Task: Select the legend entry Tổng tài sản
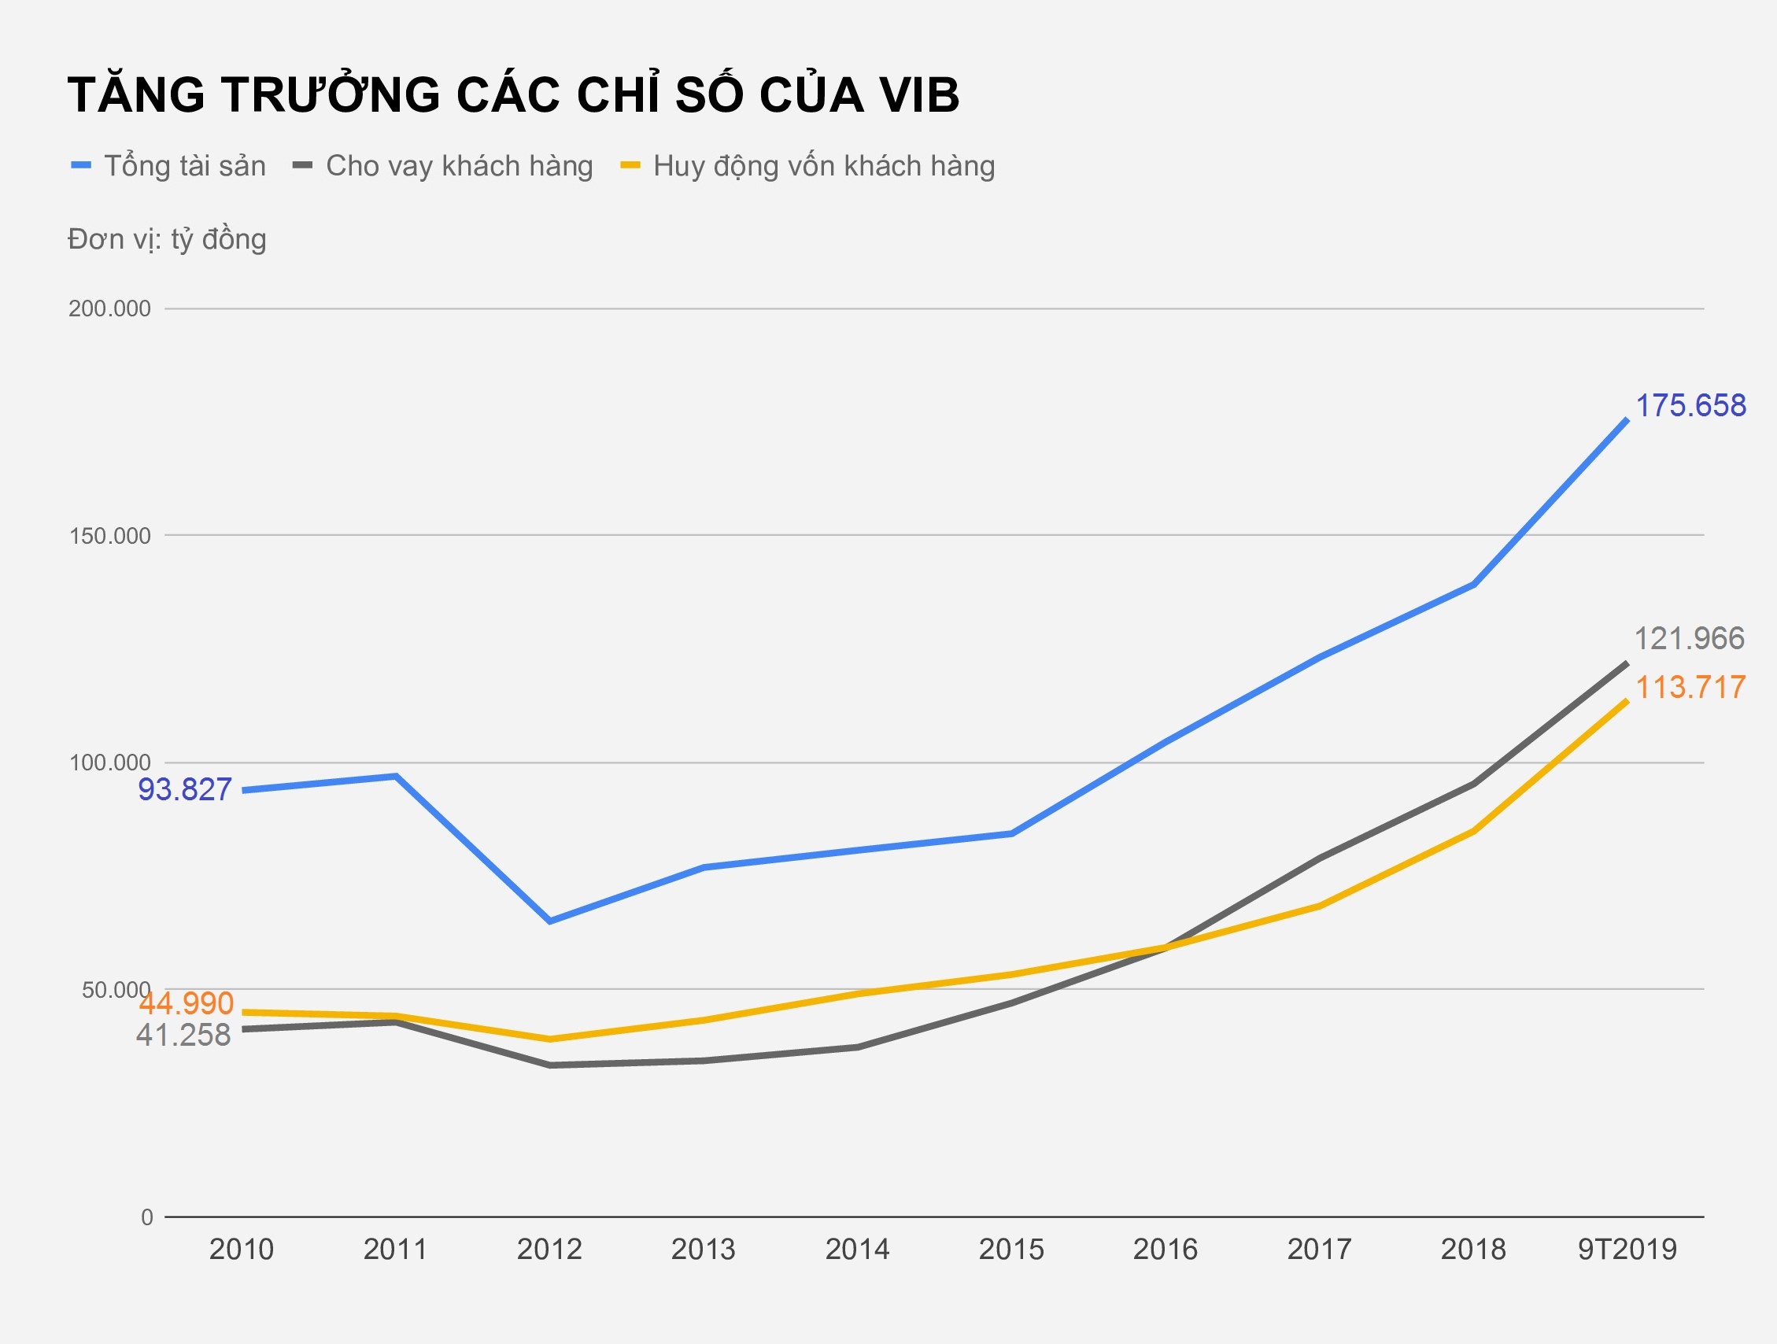point(185,165)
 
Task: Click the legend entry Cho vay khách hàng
point(459,165)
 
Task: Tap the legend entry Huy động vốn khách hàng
point(823,165)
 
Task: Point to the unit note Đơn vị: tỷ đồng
point(167,239)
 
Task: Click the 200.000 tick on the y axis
point(110,308)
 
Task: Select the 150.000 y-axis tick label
point(110,536)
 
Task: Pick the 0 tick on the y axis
point(147,1217)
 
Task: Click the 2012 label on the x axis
point(549,1250)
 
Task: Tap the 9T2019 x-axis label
point(1627,1250)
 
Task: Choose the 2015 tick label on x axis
point(1011,1250)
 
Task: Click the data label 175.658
point(1690,406)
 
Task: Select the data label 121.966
point(1690,639)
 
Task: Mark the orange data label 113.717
point(1690,688)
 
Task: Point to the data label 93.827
point(185,790)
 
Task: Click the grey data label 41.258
point(183,1035)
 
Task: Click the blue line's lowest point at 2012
point(550,921)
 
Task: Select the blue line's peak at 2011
point(396,776)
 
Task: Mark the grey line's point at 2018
point(1474,784)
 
